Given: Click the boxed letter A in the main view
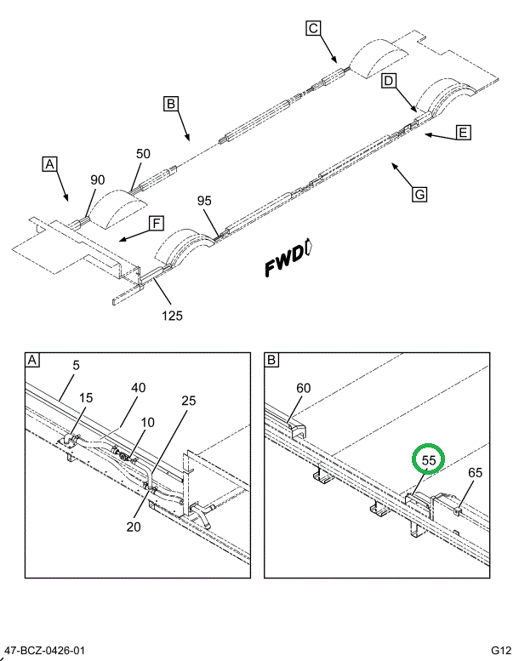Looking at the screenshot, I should pyautogui.click(x=50, y=164).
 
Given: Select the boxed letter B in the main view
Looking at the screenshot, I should pyautogui.click(x=171, y=105).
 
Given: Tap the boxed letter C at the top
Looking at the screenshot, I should pyautogui.click(x=313, y=30).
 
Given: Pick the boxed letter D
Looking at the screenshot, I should pyautogui.click(x=388, y=82).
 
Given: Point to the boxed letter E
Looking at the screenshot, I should pyautogui.click(x=463, y=132).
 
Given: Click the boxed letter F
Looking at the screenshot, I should pyautogui.click(x=156, y=224).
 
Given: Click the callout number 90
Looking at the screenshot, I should pyautogui.click(x=98, y=179).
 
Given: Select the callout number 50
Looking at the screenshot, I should pyautogui.click(x=143, y=154).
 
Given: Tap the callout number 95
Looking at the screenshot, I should pyautogui.click(x=204, y=201).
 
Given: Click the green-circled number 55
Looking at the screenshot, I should pyautogui.click(x=429, y=460).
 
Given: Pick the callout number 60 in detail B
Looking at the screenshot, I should pyautogui.click(x=304, y=389).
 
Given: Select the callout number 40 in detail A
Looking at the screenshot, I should pyautogui.click(x=139, y=387).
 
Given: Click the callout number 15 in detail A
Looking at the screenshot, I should pyautogui.click(x=87, y=397).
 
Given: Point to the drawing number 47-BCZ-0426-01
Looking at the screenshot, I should pyautogui.click(x=44, y=652).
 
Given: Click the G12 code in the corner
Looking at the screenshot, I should pyautogui.click(x=500, y=652).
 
